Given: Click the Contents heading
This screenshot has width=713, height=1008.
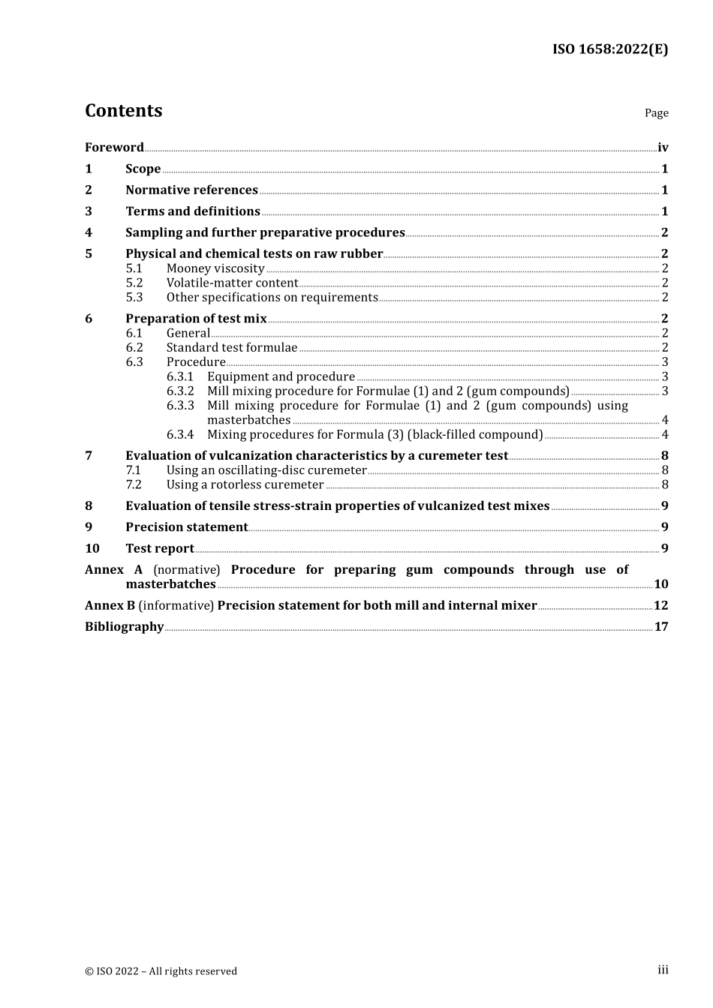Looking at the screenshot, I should coord(123,111).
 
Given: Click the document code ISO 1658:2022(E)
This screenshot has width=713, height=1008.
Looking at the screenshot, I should coord(609,49).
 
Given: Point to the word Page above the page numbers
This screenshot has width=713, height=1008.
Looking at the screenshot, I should coord(656,113).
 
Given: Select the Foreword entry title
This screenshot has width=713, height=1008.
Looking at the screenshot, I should coord(114,148).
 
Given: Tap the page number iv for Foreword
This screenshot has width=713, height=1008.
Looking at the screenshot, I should coord(663,148).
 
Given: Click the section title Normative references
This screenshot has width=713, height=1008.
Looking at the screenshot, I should coord(191,190).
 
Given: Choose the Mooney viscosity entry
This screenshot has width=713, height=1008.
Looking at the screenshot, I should coord(215,268).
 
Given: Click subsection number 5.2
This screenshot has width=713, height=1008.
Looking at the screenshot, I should coord(134,283).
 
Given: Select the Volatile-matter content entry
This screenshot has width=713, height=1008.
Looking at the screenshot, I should coord(232,283).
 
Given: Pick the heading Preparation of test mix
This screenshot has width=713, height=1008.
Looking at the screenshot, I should coord(196,319).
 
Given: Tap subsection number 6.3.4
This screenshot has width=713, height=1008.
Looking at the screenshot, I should coord(180,434).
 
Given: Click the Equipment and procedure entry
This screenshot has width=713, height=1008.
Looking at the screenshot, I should coord(281,376).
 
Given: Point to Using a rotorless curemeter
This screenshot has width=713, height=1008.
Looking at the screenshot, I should coord(245,484).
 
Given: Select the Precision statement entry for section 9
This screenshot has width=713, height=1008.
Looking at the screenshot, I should coord(186,527).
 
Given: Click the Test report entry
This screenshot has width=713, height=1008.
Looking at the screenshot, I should coord(160,549).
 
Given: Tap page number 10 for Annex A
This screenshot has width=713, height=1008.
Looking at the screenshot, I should coord(660,584).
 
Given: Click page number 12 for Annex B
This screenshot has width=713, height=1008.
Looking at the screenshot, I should coord(660,605).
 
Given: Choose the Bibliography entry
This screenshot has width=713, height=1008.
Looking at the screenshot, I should coord(124,627).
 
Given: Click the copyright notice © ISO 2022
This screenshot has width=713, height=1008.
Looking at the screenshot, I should coord(161,971).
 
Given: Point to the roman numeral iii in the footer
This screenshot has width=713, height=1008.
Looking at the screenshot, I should coord(663,970).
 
